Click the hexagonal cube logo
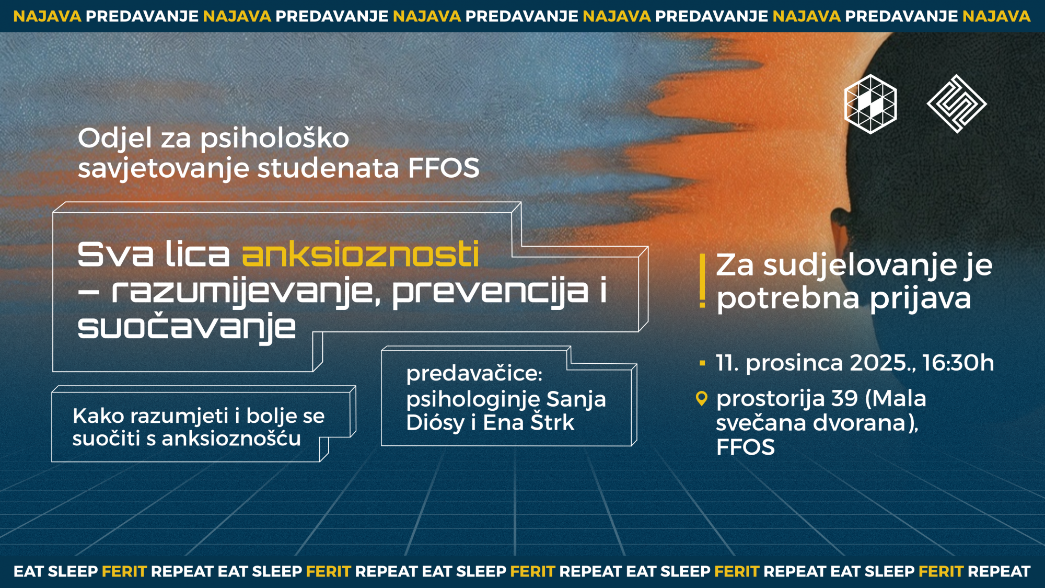coord(870,104)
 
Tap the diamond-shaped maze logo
coord(957,103)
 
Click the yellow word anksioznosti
coord(361,255)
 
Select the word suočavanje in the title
coord(187,328)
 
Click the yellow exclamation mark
coord(703,281)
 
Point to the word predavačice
coord(474,373)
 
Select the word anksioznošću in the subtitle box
coord(231,438)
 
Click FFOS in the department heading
coord(444,168)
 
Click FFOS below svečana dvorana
coord(745,447)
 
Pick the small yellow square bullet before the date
coord(702,363)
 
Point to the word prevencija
coord(490,292)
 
